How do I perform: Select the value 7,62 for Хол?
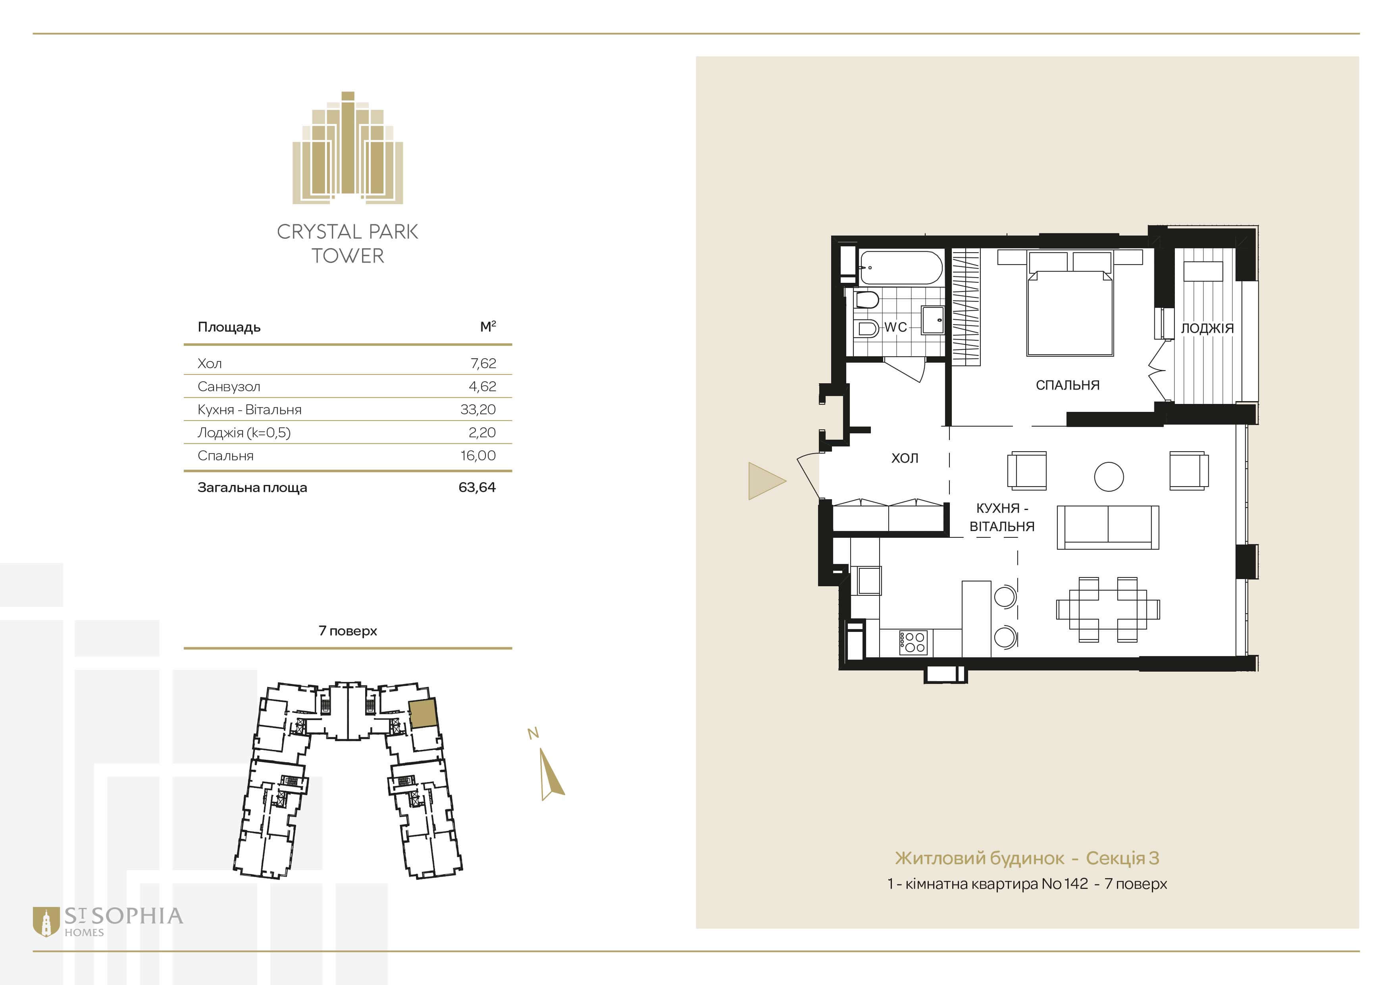coord(483,363)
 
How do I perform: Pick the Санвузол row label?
coord(229,386)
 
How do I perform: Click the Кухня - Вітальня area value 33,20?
coord(478,409)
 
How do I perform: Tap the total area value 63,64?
coord(477,487)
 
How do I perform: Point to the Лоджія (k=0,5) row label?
coord(244,433)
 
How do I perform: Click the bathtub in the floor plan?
coord(901,267)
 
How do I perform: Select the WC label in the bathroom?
coord(895,327)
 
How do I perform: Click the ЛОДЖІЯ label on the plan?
coord(1207,328)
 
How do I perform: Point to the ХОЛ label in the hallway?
coord(905,458)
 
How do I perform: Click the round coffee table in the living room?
coord(1109,476)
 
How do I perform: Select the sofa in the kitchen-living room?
coord(1108,527)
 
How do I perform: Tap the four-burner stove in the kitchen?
coord(913,642)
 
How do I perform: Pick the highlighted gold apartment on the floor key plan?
coord(423,713)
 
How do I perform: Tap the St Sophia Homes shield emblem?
coord(46,922)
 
